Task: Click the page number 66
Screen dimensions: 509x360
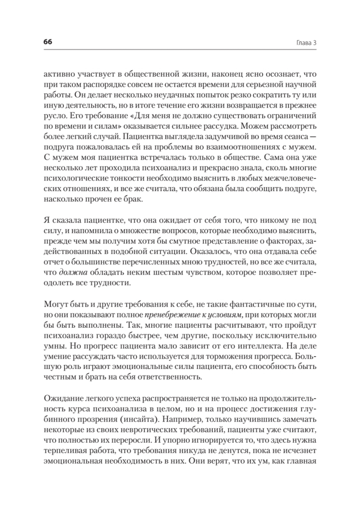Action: [x=48, y=42]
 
